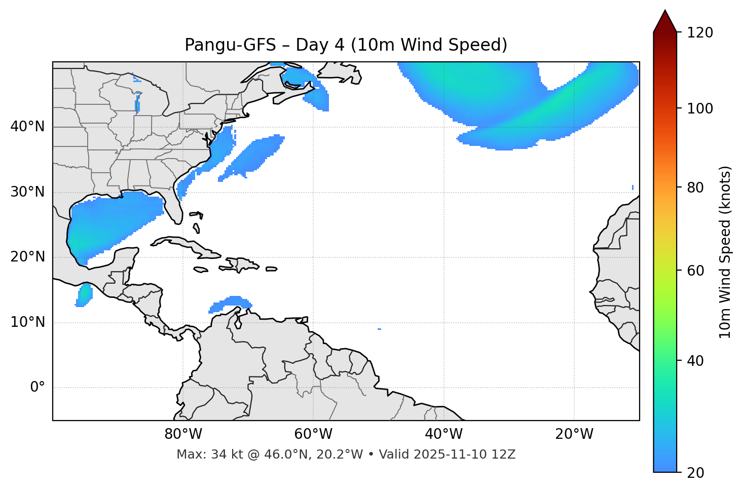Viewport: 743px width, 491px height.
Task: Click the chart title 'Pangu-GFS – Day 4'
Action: tap(346, 45)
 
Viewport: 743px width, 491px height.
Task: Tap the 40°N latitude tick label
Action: tap(27, 127)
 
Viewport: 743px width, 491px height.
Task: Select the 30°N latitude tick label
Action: tap(27, 192)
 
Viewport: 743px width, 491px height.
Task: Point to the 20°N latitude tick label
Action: tap(27, 257)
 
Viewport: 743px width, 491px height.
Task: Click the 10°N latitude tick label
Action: tap(27, 322)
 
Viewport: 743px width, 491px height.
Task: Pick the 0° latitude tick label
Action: tap(38, 388)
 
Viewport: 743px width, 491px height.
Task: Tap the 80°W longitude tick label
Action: tap(183, 434)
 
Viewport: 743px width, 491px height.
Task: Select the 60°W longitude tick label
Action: tap(313, 434)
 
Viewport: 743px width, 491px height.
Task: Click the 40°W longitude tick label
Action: tap(443, 434)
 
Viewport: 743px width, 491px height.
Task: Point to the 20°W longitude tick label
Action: tap(574, 434)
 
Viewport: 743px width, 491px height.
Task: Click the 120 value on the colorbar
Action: tap(701, 33)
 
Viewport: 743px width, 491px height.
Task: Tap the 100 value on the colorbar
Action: tap(701, 108)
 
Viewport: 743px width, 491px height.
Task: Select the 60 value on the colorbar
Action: tap(695, 271)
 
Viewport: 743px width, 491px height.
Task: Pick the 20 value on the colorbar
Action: tap(695, 473)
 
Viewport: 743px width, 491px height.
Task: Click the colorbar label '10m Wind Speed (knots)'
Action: tap(725, 252)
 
